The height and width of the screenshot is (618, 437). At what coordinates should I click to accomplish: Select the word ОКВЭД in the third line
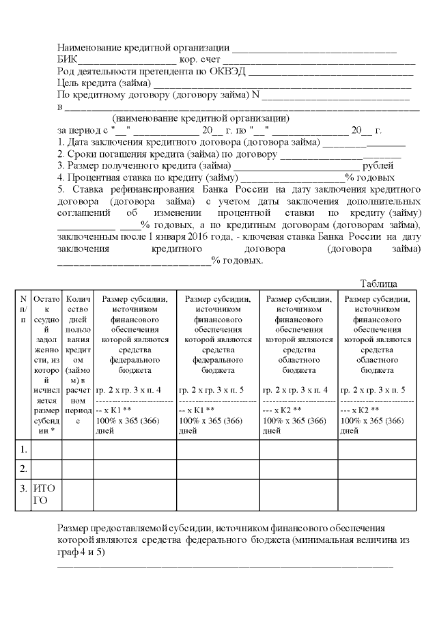[229, 71]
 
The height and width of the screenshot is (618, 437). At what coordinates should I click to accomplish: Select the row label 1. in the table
[23, 449]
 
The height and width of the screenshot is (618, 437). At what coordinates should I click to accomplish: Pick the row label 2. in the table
[23, 469]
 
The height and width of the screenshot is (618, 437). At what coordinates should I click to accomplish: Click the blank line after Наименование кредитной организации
[315, 49]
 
